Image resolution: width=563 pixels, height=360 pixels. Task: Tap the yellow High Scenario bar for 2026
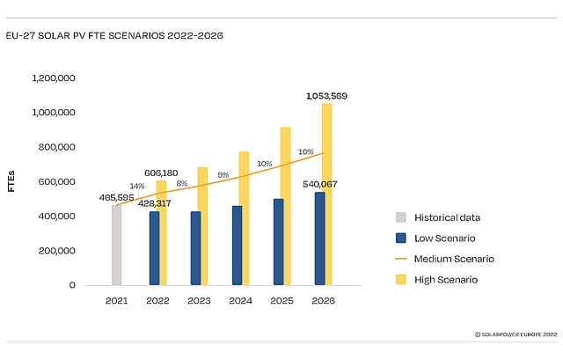(x=327, y=194)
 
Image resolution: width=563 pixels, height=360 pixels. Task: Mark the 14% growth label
(x=137, y=186)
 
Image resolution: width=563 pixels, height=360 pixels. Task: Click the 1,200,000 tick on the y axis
(x=54, y=78)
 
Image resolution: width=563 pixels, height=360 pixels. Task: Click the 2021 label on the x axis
(x=117, y=301)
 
